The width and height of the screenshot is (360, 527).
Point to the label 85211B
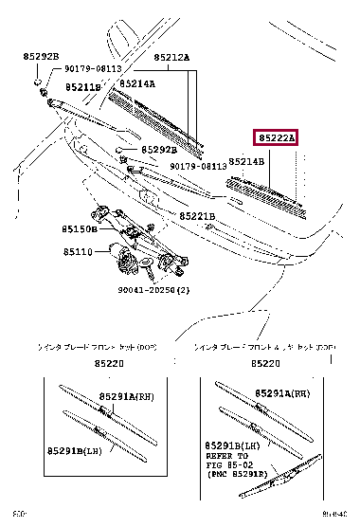(x=82, y=88)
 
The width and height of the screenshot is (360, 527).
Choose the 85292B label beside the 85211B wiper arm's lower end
(x=160, y=150)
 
